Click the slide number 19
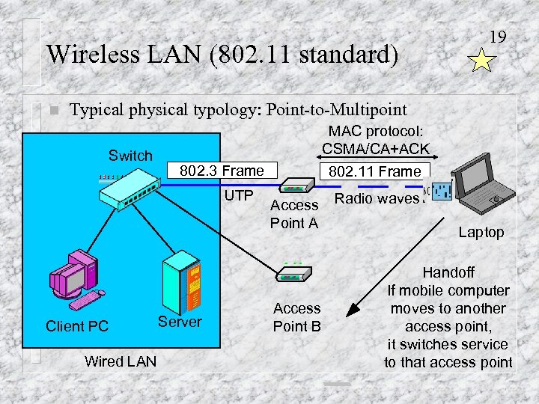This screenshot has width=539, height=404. (497, 36)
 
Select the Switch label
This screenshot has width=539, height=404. (130, 156)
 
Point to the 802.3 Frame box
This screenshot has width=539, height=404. (222, 171)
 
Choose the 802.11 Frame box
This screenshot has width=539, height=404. (376, 171)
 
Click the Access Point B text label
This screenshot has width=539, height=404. (296, 317)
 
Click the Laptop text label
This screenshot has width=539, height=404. (481, 233)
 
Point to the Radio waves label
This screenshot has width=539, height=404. (377, 198)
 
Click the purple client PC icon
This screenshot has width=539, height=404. (73, 279)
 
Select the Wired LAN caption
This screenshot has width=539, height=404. (121, 361)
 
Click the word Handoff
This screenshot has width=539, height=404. (448, 273)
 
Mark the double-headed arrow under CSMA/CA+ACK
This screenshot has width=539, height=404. (375, 156)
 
